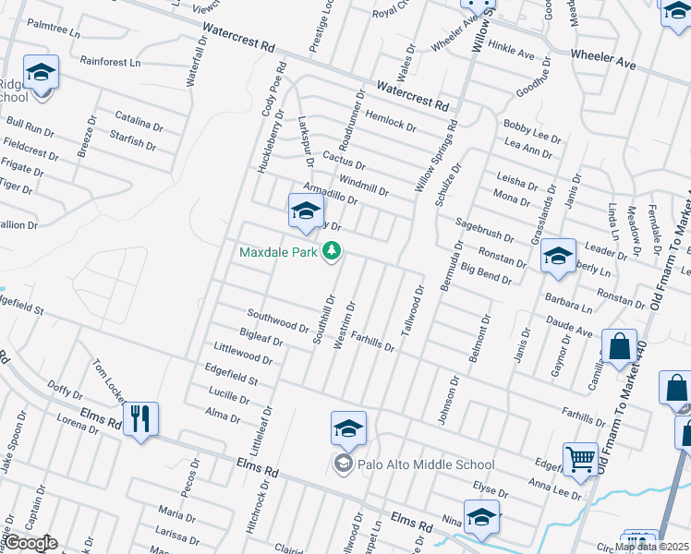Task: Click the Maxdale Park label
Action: (x=277, y=251)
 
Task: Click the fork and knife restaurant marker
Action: (x=140, y=420)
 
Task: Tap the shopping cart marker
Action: (x=581, y=459)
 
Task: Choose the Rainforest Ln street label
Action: (x=110, y=63)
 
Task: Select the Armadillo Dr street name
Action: (x=330, y=193)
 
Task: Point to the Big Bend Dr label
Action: (x=486, y=273)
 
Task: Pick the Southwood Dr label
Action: (x=278, y=320)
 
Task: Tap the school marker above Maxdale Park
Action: (x=306, y=212)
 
